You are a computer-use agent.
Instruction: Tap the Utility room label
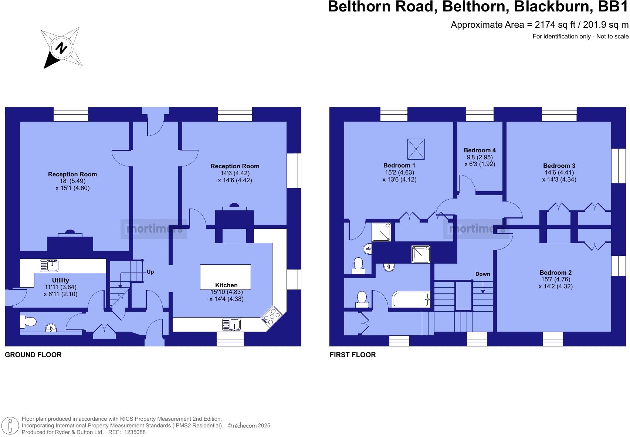pos(60,280)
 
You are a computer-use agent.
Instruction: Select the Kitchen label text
pos(226,285)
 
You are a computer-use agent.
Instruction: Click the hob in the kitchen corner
pos(272,316)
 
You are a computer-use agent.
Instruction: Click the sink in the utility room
pos(50,265)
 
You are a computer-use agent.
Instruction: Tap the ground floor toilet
pos(28,322)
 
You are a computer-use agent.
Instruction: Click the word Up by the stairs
pos(150,272)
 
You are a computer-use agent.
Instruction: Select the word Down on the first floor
pos(482,274)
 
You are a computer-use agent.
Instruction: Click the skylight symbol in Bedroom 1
pos(416,149)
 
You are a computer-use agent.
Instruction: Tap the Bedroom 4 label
pos(480,150)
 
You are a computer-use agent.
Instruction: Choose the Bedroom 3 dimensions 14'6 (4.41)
pos(559,172)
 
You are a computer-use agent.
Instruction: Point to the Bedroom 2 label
pos(555,272)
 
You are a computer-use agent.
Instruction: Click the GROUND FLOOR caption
pos(33,355)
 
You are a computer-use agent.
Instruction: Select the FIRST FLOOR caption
pos(353,355)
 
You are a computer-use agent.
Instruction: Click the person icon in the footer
pos(11,426)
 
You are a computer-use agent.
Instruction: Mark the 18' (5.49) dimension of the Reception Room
pos(72,181)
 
